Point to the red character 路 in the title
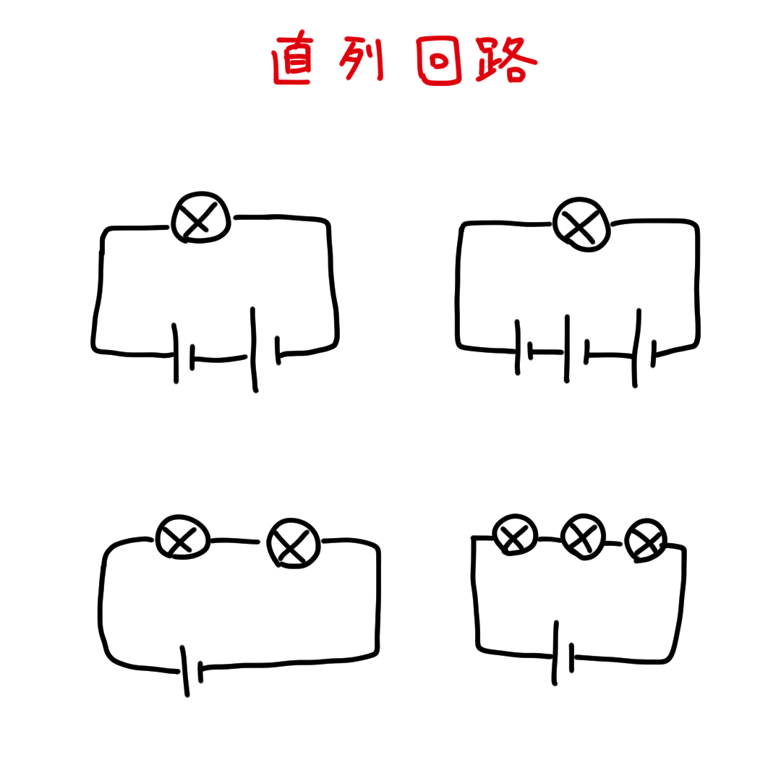tap(505, 59)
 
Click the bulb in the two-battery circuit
tap(201, 217)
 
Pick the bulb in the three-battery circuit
tap(581, 224)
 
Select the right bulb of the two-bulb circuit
tap(294, 543)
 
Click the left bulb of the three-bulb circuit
tap(515, 534)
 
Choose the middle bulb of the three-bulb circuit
tap(584, 537)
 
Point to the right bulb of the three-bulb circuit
tap(646, 540)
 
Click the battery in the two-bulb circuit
tap(192, 670)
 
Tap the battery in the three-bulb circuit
tap(563, 653)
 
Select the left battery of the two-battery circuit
tap(183, 354)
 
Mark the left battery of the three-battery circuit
tap(524, 348)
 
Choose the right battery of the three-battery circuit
tap(644, 348)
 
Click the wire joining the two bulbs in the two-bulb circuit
tap(235, 540)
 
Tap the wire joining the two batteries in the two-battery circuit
tap(220, 359)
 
